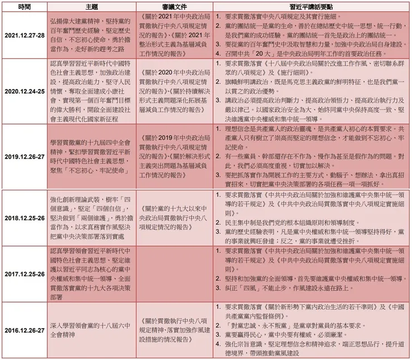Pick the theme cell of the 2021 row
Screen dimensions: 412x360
pyautogui.click(x=92, y=36)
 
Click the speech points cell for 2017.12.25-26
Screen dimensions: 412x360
pyautogui.click(x=312, y=274)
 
